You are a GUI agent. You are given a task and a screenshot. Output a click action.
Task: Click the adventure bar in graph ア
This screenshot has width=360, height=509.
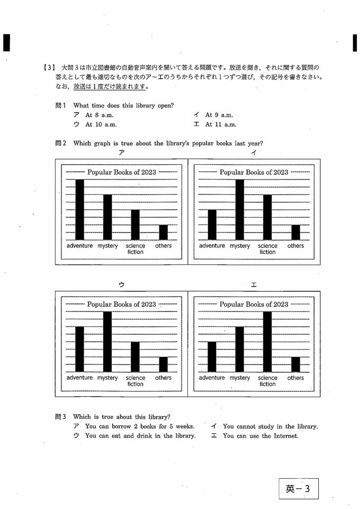(79, 210)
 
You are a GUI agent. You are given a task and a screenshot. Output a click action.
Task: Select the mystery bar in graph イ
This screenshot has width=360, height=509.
(240, 210)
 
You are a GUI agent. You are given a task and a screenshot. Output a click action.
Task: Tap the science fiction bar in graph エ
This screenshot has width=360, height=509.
(267, 342)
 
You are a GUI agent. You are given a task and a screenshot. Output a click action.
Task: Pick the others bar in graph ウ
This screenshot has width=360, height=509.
(163, 364)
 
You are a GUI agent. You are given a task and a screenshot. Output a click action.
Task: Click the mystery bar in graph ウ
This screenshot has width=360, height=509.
(107, 342)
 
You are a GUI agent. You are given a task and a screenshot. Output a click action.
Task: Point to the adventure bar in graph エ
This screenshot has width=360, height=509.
(212, 356)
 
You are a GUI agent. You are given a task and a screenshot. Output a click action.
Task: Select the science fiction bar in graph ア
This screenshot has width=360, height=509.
(136, 225)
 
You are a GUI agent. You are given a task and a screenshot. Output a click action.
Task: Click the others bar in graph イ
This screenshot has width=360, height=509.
(295, 233)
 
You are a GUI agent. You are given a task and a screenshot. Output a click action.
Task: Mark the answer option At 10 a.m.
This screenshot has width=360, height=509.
(100, 124)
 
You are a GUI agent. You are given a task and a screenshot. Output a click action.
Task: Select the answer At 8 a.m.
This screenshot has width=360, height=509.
(98, 115)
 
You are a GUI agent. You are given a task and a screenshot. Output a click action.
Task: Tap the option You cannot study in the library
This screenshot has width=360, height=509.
(270, 426)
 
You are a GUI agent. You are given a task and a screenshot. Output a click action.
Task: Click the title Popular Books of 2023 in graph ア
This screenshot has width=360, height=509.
(121, 172)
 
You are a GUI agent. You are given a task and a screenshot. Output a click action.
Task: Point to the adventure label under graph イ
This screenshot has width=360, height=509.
(212, 246)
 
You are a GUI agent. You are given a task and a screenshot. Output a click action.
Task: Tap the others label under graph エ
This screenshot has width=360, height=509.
(295, 378)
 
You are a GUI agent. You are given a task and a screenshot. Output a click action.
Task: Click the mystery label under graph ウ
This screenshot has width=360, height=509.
(107, 378)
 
